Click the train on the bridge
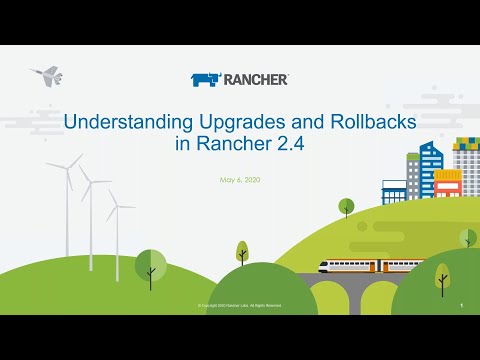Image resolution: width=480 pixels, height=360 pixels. pos(365,267)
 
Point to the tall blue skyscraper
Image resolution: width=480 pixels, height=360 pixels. pos(431,170)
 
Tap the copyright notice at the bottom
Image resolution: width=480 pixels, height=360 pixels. pos(239,304)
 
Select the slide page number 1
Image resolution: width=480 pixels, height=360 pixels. pos(461,304)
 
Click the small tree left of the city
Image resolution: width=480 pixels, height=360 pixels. pos(347,207)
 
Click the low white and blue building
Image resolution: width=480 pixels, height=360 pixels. pos(394,192)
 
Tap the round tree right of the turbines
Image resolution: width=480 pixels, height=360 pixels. pos(151,266)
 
